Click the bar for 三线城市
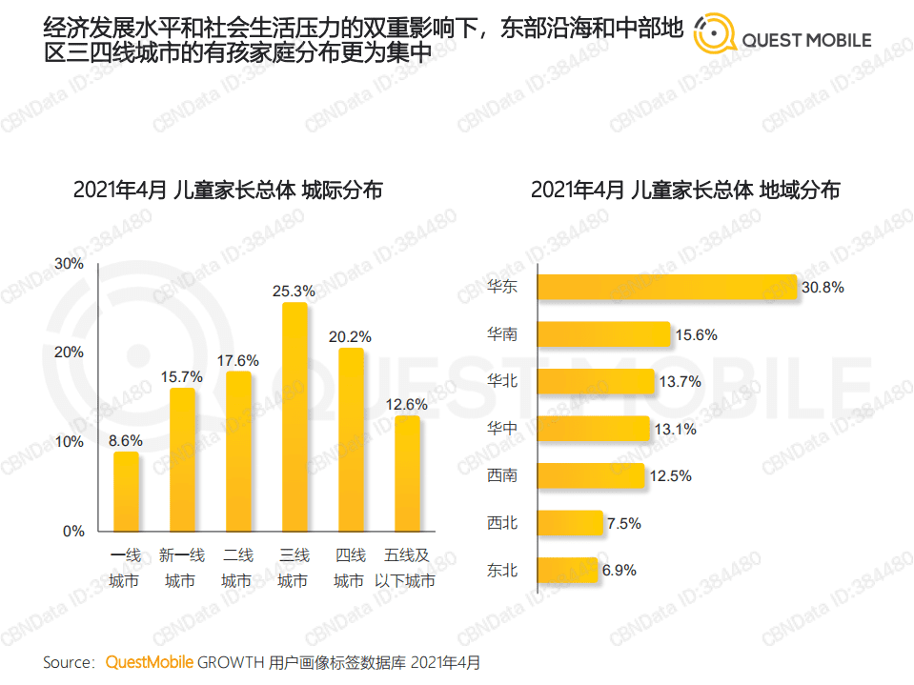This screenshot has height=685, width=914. point(294,417)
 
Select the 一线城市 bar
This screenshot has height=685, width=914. point(126,492)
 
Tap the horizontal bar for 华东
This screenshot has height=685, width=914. point(666,287)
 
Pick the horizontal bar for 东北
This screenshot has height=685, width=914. point(568,571)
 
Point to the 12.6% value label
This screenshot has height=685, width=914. point(407,404)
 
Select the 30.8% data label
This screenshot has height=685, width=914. point(823,287)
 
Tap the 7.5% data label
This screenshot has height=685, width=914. point(623,523)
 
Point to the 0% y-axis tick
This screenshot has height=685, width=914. point(74,532)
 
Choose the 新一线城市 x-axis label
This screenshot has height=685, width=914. point(181,568)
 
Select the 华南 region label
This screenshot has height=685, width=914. point(501,334)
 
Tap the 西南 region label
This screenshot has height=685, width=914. point(501,475)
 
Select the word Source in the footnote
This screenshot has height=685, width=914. point(68,661)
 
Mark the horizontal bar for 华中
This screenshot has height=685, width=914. point(593,429)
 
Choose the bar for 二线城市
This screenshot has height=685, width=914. point(238,452)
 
